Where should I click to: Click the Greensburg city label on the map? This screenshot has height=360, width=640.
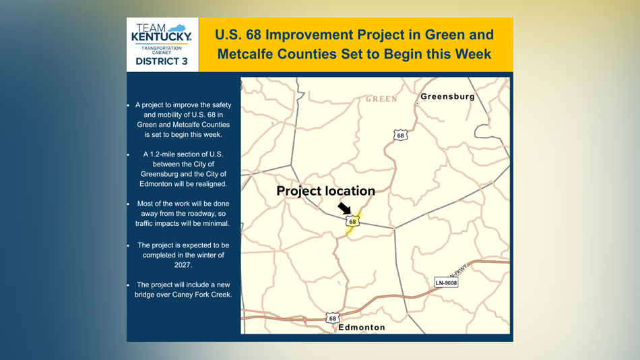[448, 97]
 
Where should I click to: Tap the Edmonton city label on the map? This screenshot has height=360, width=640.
[362, 328]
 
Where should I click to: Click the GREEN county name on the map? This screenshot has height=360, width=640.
[381, 99]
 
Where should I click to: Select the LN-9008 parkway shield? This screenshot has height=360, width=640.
[446, 282]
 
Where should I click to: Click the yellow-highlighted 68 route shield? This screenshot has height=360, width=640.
[352, 222]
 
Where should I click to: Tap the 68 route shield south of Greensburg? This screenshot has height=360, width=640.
[400, 136]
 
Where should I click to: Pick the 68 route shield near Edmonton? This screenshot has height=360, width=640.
[333, 318]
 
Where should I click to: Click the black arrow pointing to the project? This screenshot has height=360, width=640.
[344, 208]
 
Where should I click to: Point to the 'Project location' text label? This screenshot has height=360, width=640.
[325, 191]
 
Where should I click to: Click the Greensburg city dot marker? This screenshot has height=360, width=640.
[417, 104]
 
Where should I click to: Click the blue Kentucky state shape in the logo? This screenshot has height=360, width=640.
[177, 28]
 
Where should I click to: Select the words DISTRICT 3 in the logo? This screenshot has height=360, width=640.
[162, 61]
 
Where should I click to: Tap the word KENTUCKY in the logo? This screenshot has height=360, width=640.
[162, 37]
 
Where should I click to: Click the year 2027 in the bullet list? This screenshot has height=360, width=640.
[183, 265]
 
